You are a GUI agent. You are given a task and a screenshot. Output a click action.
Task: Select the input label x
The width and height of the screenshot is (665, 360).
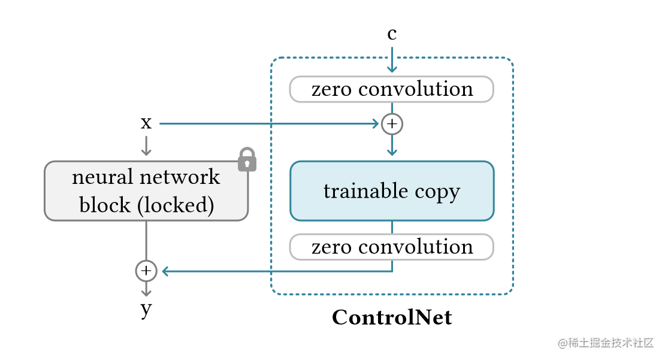[146, 123]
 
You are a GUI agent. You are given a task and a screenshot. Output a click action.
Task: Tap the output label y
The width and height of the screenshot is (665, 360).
[146, 310]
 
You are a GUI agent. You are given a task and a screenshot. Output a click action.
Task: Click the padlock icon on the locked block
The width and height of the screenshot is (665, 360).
[247, 160]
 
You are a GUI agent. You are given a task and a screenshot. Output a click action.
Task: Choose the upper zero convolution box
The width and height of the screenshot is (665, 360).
[392, 89]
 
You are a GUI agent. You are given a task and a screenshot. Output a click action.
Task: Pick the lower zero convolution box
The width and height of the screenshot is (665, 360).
[392, 247]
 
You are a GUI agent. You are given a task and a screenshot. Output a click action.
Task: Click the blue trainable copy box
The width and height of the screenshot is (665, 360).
[392, 191]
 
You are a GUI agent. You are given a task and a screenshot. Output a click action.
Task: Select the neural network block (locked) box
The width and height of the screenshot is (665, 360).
[146, 191]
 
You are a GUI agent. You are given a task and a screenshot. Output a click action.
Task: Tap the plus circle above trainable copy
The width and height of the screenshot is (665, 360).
[392, 124]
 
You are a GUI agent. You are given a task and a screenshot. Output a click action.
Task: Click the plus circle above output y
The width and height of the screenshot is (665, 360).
[146, 271]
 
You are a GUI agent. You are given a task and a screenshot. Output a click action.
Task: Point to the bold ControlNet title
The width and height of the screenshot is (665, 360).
[392, 317]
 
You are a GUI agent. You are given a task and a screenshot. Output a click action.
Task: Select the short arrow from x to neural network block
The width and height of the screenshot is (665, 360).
[146, 146]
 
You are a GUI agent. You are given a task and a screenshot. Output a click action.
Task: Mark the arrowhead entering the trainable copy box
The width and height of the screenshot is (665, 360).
[392, 152]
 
